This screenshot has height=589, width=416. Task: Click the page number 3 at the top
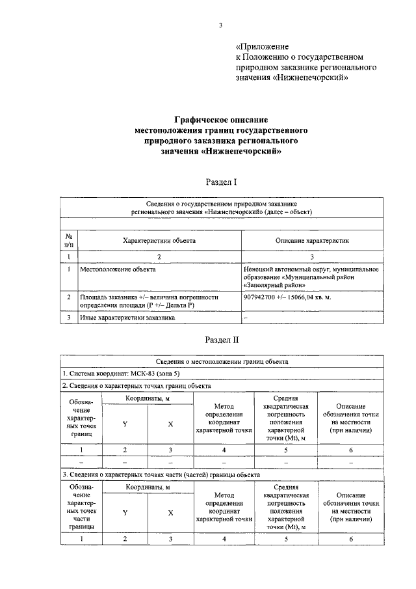coord(220,25)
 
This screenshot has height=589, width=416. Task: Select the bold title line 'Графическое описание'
coord(221,120)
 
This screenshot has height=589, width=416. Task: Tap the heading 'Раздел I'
coord(221,183)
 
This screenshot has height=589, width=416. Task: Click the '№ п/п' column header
coord(69,240)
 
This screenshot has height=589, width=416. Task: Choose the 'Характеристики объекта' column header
coord(159,240)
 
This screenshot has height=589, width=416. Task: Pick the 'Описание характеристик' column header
coord(311,240)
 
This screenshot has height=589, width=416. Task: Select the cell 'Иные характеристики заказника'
coord(127,318)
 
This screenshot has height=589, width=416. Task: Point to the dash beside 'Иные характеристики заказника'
coord(246,318)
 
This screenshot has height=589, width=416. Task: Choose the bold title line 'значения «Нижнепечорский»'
coord(221,151)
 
